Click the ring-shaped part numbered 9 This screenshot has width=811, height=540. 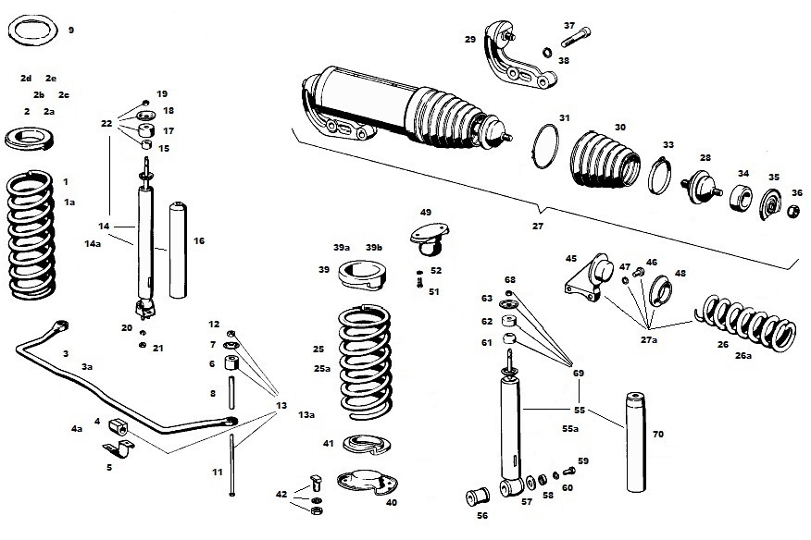coord(34,30)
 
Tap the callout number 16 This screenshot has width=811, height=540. coord(199,240)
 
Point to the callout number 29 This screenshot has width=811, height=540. coord(470,39)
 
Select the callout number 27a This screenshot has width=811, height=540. coord(650,339)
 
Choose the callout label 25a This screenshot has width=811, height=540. coord(322,368)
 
